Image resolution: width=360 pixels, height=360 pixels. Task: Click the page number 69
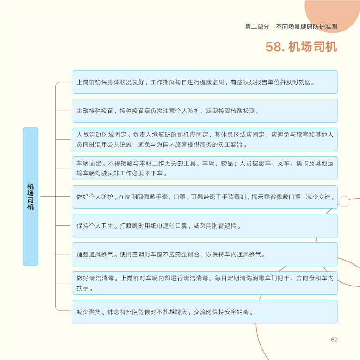point(334,340)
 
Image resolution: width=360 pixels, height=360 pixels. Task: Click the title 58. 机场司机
point(301,47)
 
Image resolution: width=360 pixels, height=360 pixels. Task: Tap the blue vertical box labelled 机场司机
point(31,196)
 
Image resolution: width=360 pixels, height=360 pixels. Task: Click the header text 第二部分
point(257,27)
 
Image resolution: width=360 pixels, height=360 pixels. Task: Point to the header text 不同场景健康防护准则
point(306,27)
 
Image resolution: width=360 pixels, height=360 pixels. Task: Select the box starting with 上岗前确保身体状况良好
point(205,82)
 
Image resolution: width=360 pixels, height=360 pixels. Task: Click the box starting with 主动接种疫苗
point(205,111)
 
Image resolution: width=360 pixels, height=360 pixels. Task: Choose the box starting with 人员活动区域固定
point(205,139)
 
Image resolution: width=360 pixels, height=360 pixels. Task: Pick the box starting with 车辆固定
point(205,168)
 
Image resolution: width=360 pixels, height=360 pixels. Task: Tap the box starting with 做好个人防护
point(205,197)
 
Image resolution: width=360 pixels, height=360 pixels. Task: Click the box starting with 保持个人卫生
point(205,225)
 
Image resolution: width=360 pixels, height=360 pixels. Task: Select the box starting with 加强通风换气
point(205,254)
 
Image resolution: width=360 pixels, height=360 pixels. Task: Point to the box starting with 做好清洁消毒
point(205,283)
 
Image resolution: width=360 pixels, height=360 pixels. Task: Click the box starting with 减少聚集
point(205,311)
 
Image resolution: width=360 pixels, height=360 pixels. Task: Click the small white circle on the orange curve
point(344,201)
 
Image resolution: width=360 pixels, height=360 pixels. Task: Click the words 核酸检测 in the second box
point(243,111)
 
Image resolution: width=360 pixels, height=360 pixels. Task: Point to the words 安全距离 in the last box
point(237,312)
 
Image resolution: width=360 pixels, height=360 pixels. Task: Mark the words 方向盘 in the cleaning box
point(305,278)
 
